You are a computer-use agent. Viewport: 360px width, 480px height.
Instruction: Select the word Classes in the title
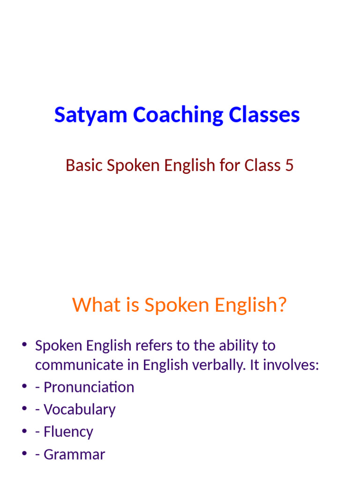[265, 115]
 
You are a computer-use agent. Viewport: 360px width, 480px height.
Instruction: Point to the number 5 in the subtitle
[289, 165]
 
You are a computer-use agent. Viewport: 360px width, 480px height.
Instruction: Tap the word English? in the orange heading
[248, 305]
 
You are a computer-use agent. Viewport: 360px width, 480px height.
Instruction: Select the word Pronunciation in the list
[89, 387]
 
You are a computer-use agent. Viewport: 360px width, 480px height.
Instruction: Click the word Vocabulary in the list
[80, 410]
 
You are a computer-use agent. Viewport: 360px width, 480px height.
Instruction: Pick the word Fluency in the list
[68, 432]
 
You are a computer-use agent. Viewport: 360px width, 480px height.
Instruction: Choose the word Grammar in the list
[75, 455]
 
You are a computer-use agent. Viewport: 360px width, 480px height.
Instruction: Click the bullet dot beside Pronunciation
[24, 387]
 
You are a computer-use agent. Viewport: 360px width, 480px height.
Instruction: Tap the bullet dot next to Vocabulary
[24, 409]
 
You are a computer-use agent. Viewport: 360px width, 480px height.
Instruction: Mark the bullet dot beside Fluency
[24, 432]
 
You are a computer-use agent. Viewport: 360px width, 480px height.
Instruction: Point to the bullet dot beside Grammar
[24, 454]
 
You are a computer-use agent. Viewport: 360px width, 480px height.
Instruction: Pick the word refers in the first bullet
[150, 346]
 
